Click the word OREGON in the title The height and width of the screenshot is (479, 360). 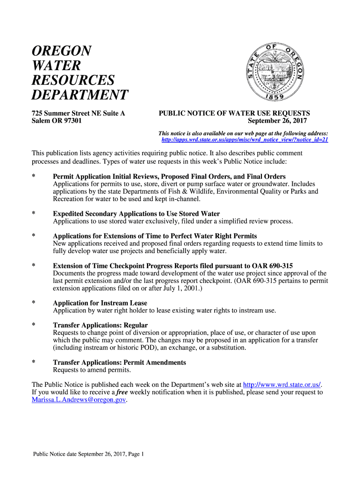point(62,51)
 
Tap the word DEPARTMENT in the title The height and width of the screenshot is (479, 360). point(79,95)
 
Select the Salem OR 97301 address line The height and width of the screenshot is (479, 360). point(57,121)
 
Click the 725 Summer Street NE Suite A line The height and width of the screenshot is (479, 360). point(78,113)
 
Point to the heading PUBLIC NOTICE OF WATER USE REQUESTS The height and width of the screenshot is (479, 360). point(234,113)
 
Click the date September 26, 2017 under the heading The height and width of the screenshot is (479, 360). point(278,121)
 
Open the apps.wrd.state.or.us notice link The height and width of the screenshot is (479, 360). point(245,139)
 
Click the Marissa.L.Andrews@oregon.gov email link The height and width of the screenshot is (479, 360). point(79,400)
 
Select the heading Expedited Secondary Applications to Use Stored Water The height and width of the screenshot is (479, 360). point(136,214)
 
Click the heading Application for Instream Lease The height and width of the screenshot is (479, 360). point(100,303)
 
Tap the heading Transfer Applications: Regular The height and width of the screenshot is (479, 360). point(101,325)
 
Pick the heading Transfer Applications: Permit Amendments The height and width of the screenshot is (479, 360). point(119,363)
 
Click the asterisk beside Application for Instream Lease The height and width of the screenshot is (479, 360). point(34,303)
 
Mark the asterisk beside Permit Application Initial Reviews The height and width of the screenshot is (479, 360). point(34,176)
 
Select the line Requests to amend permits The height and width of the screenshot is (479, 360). point(92,370)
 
